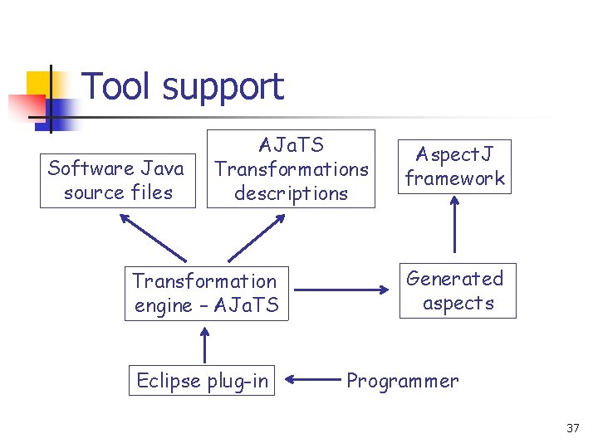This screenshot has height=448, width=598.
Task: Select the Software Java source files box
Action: [116, 181]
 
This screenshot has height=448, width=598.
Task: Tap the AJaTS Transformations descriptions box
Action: [291, 169]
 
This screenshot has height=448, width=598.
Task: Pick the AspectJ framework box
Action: [454, 167]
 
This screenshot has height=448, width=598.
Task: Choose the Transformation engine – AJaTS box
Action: [206, 294]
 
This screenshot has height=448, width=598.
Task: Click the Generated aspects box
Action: [455, 291]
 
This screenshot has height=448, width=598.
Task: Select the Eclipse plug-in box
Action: [203, 381]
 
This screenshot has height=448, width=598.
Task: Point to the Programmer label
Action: [402, 381]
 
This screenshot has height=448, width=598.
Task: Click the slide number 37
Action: [572, 428]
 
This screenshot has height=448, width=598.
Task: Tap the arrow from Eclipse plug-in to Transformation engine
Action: [204, 344]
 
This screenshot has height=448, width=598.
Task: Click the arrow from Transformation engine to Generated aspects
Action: [341, 290]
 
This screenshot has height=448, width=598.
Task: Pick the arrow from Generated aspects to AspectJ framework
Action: [454, 225]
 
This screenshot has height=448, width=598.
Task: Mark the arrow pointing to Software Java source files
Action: [153, 237]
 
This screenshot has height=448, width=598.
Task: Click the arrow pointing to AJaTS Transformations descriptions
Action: [257, 238]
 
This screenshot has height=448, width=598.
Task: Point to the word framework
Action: [455, 178]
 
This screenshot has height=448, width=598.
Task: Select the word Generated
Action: [455, 279]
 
